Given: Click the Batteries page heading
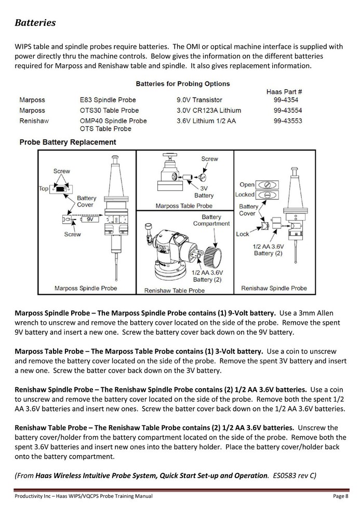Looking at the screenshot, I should pos(35,23).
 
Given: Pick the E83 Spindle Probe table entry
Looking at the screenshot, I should pos(108,100).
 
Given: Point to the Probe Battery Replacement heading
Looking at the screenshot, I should pos(68,142).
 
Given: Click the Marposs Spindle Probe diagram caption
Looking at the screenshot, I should pos(86,288).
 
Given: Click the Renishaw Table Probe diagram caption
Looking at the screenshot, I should pos(174,291).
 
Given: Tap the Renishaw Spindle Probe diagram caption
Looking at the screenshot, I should pos(274,288).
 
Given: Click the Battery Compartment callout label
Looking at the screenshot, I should pos(211,220).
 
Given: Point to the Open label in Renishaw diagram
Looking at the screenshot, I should pos(247,184).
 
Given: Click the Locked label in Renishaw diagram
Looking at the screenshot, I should pos(245,195).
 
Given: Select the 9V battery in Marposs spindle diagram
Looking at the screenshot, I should pos(90,220).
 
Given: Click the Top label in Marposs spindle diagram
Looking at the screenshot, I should pos(44,188).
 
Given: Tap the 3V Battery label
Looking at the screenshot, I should pos(204,192).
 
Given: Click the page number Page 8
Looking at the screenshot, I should pos(340,497).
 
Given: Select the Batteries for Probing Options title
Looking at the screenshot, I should pos(182,84).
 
